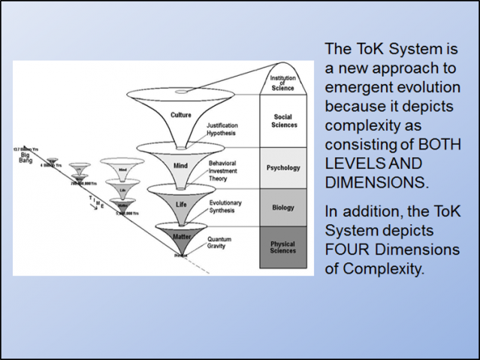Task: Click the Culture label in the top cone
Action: (181, 115)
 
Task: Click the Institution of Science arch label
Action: (283, 81)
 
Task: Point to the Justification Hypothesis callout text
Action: (221, 129)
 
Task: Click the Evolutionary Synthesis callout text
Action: (225, 207)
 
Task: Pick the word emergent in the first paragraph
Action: (355, 87)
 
